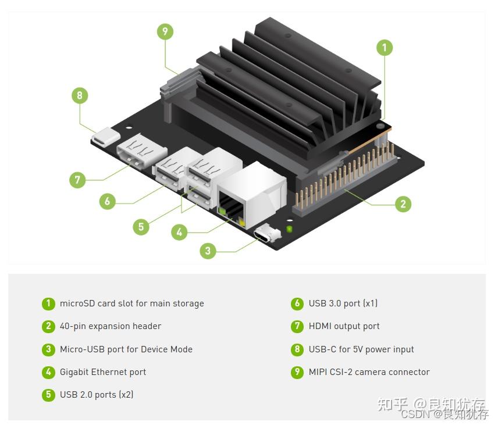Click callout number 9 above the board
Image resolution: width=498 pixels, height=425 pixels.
(x=165, y=31)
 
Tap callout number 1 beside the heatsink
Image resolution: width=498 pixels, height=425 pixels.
(x=385, y=48)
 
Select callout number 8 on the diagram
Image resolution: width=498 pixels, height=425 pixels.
(x=80, y=95)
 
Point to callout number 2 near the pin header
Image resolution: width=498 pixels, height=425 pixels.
(x=403, y=204)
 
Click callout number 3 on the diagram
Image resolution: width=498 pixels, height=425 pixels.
(x=208, y=251)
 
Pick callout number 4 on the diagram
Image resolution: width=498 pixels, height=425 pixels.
(x=179, y=232)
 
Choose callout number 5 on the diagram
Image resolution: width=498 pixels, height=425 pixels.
(x=141, y=227)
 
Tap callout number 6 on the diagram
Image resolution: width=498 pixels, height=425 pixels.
(x=108, y=201)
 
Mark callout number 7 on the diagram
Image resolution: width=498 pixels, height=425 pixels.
(x=77, y=180)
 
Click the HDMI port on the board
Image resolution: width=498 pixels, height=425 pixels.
(x=141, y=151)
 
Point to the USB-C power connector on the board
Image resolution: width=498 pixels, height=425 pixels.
(x=105, y=137)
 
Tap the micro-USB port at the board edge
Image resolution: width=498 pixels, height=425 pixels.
(x=267, y=234)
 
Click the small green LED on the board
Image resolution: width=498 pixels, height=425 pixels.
(x=289, y=228)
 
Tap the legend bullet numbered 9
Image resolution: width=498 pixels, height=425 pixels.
(x=297, y=372)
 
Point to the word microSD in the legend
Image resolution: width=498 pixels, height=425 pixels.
(x=77, y=303)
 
